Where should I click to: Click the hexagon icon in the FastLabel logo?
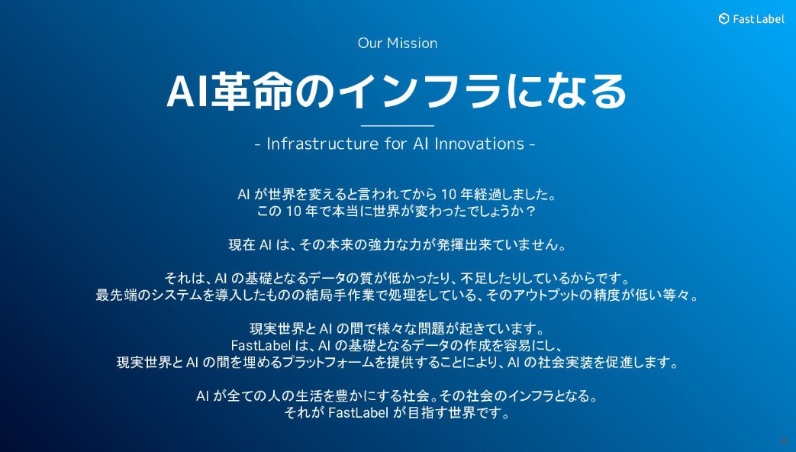(x=724, y=19)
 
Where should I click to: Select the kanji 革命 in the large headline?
(x=252, y=92)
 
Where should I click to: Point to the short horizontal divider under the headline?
(x=398, y=125)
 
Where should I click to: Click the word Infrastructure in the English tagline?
(x=322, y=144)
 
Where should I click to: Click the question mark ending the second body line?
(x=530, y=211)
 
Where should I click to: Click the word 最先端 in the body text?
(x=116, y=295)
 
